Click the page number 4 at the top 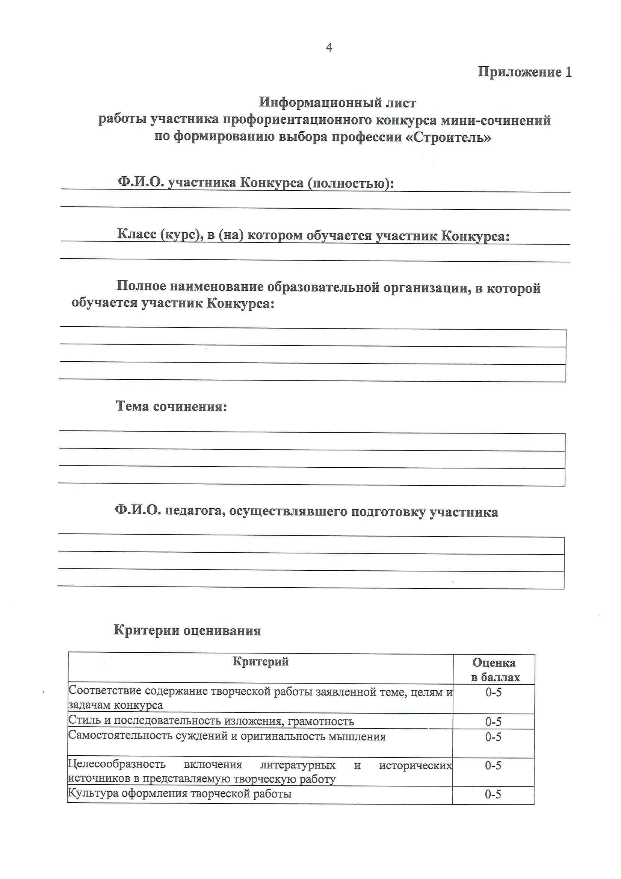pyautogui.click(x=329, y=47)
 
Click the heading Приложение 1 pyautogui.click(x=524, y=72)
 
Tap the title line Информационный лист pyautogui.click(x=337, y=103)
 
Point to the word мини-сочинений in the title pyautogui.click(x=496, y=120)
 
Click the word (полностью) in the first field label pyautogui.click(x=351, y=183)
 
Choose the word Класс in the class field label pyautogui.click(x=137, y=234)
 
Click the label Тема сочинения pyautogui.click(x=171, y=406)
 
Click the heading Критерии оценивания pyautogui.click(x=187, y=630)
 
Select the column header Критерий pyautogui.click(x=261, y=662)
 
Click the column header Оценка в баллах pyautogui.click(x=495, y=670)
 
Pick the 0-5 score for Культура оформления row pyautogui.click(x=493, y=794)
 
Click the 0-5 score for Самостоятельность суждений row pyautogui.click(x=493, y=737)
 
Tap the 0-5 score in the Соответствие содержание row pyautogui.click(x=494, y=692)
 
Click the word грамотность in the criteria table pyautogui.click(x=320, y=721)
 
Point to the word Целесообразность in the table pyautogui.click(x=117, y=764)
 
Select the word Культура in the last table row pyautogui.click(x=92, y=793)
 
